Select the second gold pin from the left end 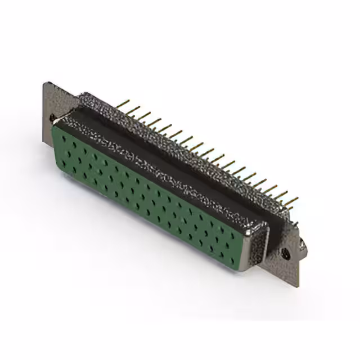tap(134, 108)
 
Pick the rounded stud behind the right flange tap(301, 245)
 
